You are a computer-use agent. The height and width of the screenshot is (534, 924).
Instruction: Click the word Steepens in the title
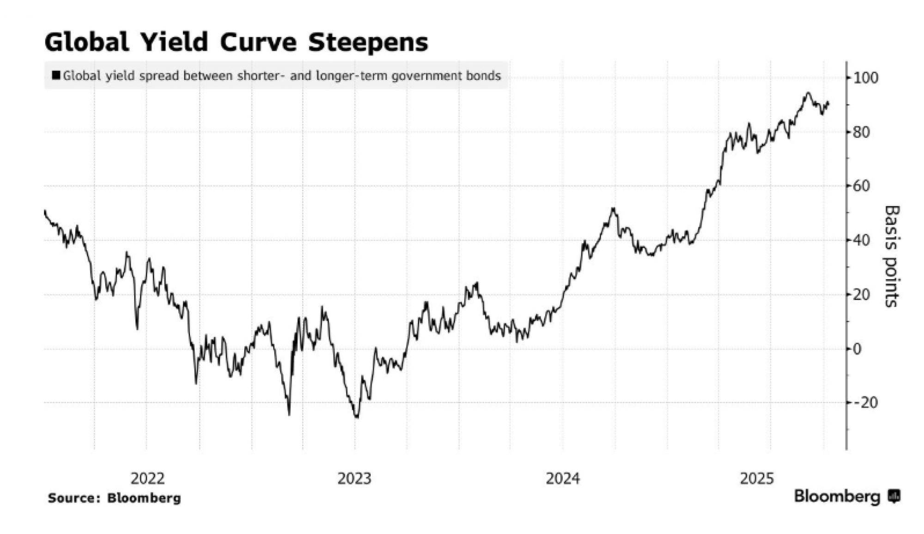pyautogui.click(x=368, y=43)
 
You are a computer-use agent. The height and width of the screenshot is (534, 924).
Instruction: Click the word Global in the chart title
pyautogui.click(x=87, y=43)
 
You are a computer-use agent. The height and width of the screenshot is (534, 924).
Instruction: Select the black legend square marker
pyautogui.click(x=56, y=75)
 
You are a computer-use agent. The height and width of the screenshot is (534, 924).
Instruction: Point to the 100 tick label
pyautogui.click(x=865, y=78)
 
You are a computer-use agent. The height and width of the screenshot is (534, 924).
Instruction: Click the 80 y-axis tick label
pyautogui.click(x=862, y=132)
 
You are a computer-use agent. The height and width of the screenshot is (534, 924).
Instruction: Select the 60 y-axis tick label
pyautogui.click(x=862, y=186)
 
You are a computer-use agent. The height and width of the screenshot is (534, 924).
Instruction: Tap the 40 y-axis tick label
pyautogui.click(x=862, y=240)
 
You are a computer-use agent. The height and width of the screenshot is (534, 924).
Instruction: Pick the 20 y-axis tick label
pyautogui.click(x=862, y=295)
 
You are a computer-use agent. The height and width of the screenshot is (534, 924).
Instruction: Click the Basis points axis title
pyautogui.click(x=892, y=257)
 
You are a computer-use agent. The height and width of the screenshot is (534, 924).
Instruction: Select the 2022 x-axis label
pyautogui.click(x=147, y=479)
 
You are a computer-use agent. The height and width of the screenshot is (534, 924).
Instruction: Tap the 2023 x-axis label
pyautogui.click(x=354, y=479)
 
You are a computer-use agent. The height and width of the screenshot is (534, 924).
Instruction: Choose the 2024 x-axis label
pyautogui.click(x=562, y=479)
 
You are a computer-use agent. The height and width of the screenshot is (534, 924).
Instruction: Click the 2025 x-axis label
pyautogui.click(x=757, y=479)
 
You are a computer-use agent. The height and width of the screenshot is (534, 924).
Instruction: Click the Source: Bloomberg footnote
pyautogui.click(x=115, y=498)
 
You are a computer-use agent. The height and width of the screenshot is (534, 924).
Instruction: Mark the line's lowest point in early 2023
pyautogui.click(x=357, y=417)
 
